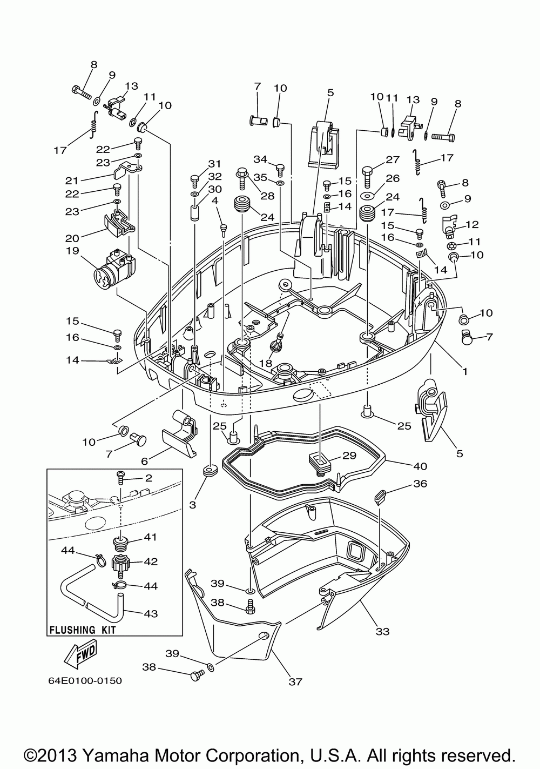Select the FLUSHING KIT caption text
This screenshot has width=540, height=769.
[x=83, y=630]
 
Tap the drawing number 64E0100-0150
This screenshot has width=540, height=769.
[x=85, y=680]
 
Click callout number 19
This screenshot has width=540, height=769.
[x=72, y=251]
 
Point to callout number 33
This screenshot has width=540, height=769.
[x=382, y=631]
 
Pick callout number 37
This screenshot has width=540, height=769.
[x=295, y=681]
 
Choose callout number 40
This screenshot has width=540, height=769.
[x=420, y=466]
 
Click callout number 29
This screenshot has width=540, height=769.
[x=349, y=455]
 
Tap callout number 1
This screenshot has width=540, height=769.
[x=465, y=371]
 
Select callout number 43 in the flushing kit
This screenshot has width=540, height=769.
[x=151, y=613]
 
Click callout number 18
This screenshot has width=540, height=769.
[x=266, y=363]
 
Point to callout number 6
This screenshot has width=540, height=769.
[x=144, y=461]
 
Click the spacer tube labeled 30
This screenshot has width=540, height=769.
[x=195, y=214]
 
